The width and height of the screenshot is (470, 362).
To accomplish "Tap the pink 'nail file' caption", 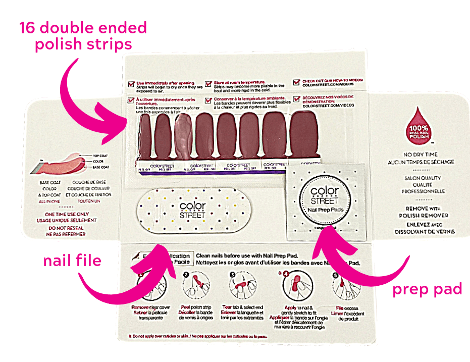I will click(72, 261).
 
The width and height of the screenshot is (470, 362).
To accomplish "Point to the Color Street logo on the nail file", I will click(191, 209).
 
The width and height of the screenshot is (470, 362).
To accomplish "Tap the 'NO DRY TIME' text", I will click(421, 154).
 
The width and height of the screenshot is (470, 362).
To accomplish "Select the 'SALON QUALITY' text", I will click(421, 178).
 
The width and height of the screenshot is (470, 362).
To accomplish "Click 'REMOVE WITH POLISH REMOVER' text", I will click(421, 212).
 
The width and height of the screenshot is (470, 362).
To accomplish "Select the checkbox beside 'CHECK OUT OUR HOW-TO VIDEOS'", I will click(297, 82).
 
